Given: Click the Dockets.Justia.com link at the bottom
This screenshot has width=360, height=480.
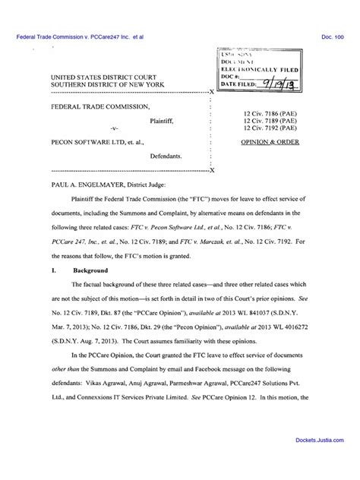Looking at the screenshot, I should coord(322,462).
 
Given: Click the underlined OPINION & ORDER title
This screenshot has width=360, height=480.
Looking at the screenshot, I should coord(268,142).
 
